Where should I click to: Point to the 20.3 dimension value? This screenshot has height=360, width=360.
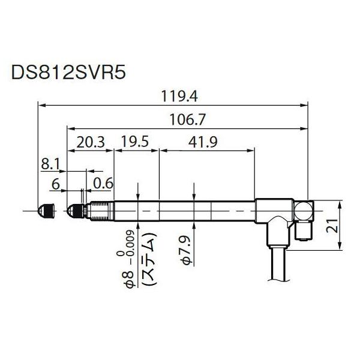pyautogui.click(x=91, y=143)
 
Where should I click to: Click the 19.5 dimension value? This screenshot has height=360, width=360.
pyautogui.click(x=136, y=143)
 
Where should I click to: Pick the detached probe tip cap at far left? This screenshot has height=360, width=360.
pyautogui.click(x=46, y=211)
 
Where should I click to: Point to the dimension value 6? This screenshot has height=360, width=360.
pyautogui.click(x=55, y=184)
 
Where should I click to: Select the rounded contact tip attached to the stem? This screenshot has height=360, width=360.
pyautogui.click(x=74, y=211)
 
